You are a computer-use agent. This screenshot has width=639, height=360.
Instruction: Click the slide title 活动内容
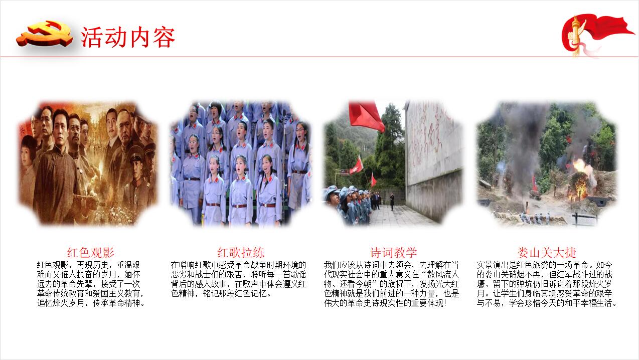pos(128,37)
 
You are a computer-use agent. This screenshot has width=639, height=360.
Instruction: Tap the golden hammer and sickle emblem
pos(44,34)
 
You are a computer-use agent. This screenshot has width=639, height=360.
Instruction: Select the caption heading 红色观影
pos(90,253)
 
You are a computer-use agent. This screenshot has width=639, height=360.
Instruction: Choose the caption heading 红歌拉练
pos(241,253)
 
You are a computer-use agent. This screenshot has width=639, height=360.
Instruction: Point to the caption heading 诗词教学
pos(394,253)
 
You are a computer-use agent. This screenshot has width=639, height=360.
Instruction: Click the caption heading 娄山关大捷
pos(547,253)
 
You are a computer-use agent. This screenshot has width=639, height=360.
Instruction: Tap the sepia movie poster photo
pos(88,163)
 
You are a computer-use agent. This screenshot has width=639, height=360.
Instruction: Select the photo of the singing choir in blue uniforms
pos(241,163)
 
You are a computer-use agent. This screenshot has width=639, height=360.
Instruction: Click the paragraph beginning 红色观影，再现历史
pos(90,284)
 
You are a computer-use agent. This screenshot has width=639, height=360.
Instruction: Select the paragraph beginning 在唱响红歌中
pos(238,279)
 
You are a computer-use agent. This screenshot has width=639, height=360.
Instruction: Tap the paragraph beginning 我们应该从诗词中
pos(391,284)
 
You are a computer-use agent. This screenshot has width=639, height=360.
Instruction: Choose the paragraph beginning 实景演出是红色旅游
pos(547,284)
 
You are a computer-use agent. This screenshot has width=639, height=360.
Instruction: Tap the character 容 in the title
pos(164,38)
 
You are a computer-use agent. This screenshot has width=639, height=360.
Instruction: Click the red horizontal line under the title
pos(319,57)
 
